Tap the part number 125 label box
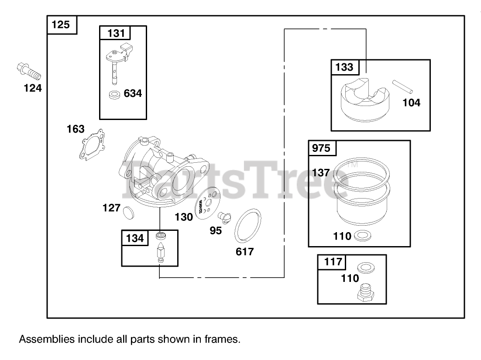pyautogui.click(x=61, y=25)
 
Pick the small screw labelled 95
pyautogui.click(x=225, y=216)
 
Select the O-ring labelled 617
pyautogui.click(x=247, y=226)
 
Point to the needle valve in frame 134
pyautogui.click(x=161, y=253)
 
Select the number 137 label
pyautogui.click(x=321, y=173)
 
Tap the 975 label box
pyautogui.click(x=322, y=148)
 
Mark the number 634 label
pyautogui.click(x=133, y=93)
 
